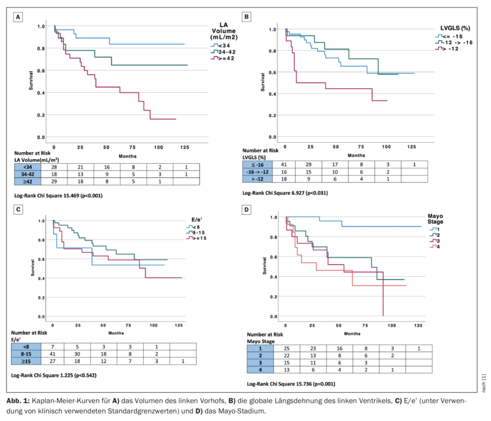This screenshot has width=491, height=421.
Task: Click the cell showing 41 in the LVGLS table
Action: tap(284, 164)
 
